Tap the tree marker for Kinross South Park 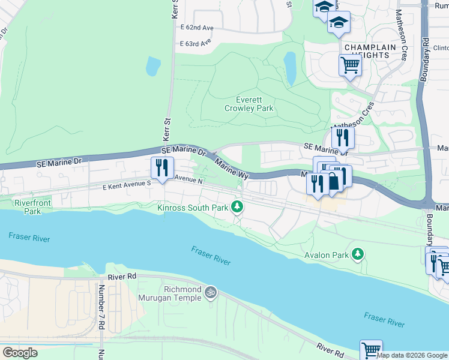coord(238,206)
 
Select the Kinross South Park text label coord(192,208)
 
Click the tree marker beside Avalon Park coord(358,254)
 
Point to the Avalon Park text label coord(326,255)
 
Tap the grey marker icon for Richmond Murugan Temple coord(210,292)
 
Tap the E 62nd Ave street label coord(197,28)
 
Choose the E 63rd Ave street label coord(196,43)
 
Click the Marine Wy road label coord(232,169)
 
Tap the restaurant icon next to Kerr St coord(162,167)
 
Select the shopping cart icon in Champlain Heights coord(350,65)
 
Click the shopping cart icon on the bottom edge coord(371,350)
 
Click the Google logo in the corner coord(20,353)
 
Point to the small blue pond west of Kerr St coord(153,66)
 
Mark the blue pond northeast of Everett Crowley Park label coord(290,68)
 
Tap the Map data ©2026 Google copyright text coord(412,355)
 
